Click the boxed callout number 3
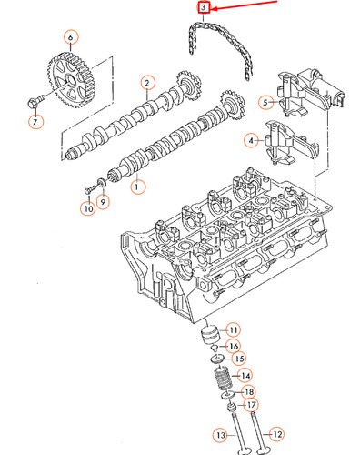(204, 9)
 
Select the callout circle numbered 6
(70, 38)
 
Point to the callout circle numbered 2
(145, 84)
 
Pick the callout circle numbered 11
(233, 329)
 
